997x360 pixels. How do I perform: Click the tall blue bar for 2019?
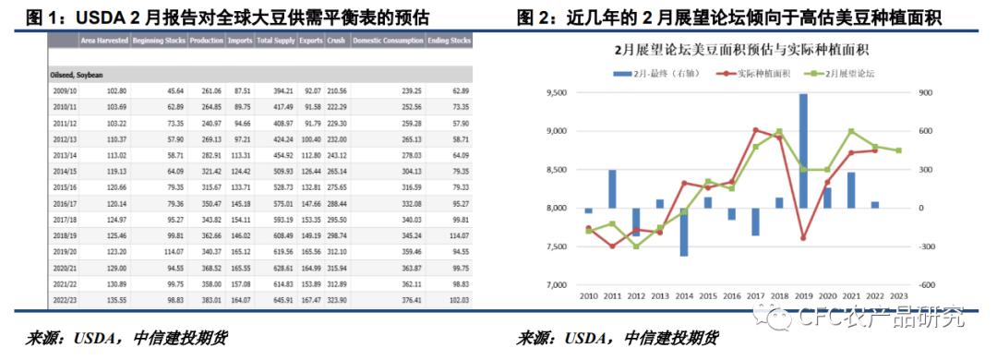click(x=803, y=150)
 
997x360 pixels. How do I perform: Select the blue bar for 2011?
click(x=612, y=189)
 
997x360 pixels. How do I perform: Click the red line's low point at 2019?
click(x=803, y=238)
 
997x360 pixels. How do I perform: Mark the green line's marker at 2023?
click(x=898, y=150)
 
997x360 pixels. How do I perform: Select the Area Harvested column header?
click(x=102, y=42)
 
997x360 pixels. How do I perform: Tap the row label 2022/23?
click(x=65, y=298)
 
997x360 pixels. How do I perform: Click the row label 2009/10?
click(x=65, y=90)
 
